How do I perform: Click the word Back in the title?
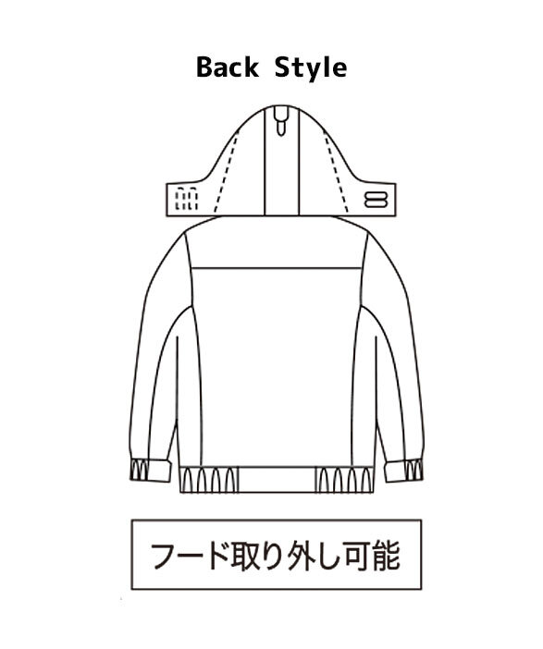pyautogui.click(x=228, y=67)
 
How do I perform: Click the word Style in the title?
pyautogui.click(x=311, y=68)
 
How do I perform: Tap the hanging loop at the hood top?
pyautogui.click(x=281, y=120)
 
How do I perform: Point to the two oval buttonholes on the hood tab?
pyautogui.click(x=376, y=199)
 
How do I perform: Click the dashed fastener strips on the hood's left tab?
pyautogui.click(x=186, y=200)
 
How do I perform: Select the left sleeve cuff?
pyautogui.click(x=151, y=471)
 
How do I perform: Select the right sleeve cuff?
pyautogui.click(x=404, y=471)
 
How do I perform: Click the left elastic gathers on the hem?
pyautogui.click(x=209, y=479)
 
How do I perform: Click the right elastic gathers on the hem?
pyautogui.click(x=345, y=479)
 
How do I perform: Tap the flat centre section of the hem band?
pyautogui.click(x=278, y=479)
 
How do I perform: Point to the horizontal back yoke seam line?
pyautogui.click(x=277, y=268)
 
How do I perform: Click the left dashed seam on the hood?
pyautogui.click(x=227, y=172)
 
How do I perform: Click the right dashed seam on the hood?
pyautogui.click(x=336, y=172)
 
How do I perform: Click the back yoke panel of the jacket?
pyautogui.click(x=277, y=244)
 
